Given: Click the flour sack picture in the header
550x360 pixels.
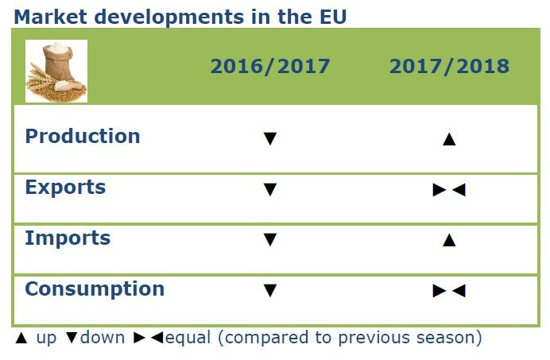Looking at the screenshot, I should coord(56,71).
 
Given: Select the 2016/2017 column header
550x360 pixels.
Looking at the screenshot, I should coord(269,66).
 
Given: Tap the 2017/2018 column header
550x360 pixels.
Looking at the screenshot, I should coord(449,66).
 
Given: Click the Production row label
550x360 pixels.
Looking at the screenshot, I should coord(83,136).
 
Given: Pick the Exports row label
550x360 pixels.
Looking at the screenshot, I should coord(65,188).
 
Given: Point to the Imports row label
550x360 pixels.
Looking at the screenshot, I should coord(68,238).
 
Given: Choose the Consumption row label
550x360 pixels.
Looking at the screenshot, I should coord(95,288).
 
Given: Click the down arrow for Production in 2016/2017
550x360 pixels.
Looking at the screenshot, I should coord(270,139).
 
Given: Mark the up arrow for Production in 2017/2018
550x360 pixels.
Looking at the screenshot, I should coord(449,139).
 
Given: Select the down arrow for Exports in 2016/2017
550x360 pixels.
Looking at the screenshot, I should coord(270,190).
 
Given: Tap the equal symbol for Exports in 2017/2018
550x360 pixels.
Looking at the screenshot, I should coord(449,190).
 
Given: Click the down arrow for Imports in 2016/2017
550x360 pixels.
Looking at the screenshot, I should coord(270,240).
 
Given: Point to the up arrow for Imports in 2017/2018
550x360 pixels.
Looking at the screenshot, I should coord(449,240).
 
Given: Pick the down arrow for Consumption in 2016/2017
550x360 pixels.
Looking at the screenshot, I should coord(270,291).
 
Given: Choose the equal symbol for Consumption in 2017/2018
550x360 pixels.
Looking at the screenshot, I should coord(449,291).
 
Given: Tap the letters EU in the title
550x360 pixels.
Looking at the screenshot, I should coord(331,16).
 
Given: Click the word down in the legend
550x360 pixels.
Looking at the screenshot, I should coord(102,338).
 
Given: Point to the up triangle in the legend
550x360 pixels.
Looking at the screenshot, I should coord(21,338).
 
